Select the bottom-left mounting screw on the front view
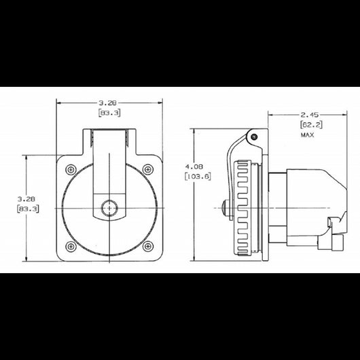pos(71,245)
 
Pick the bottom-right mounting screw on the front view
pos(147,245)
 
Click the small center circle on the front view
pos(108,207)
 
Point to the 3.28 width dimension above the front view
pos(109,103)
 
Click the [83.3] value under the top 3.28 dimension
pos(109,112)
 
